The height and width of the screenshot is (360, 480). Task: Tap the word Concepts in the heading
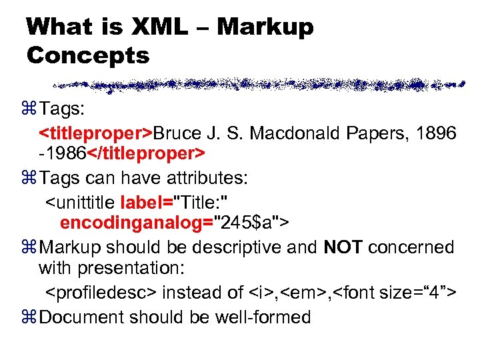tap(88, 55)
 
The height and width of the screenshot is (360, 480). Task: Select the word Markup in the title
tap(265, 27)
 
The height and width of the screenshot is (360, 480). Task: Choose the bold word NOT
tap(343, 247)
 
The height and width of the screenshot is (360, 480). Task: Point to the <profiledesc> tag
tap(101, 293)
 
